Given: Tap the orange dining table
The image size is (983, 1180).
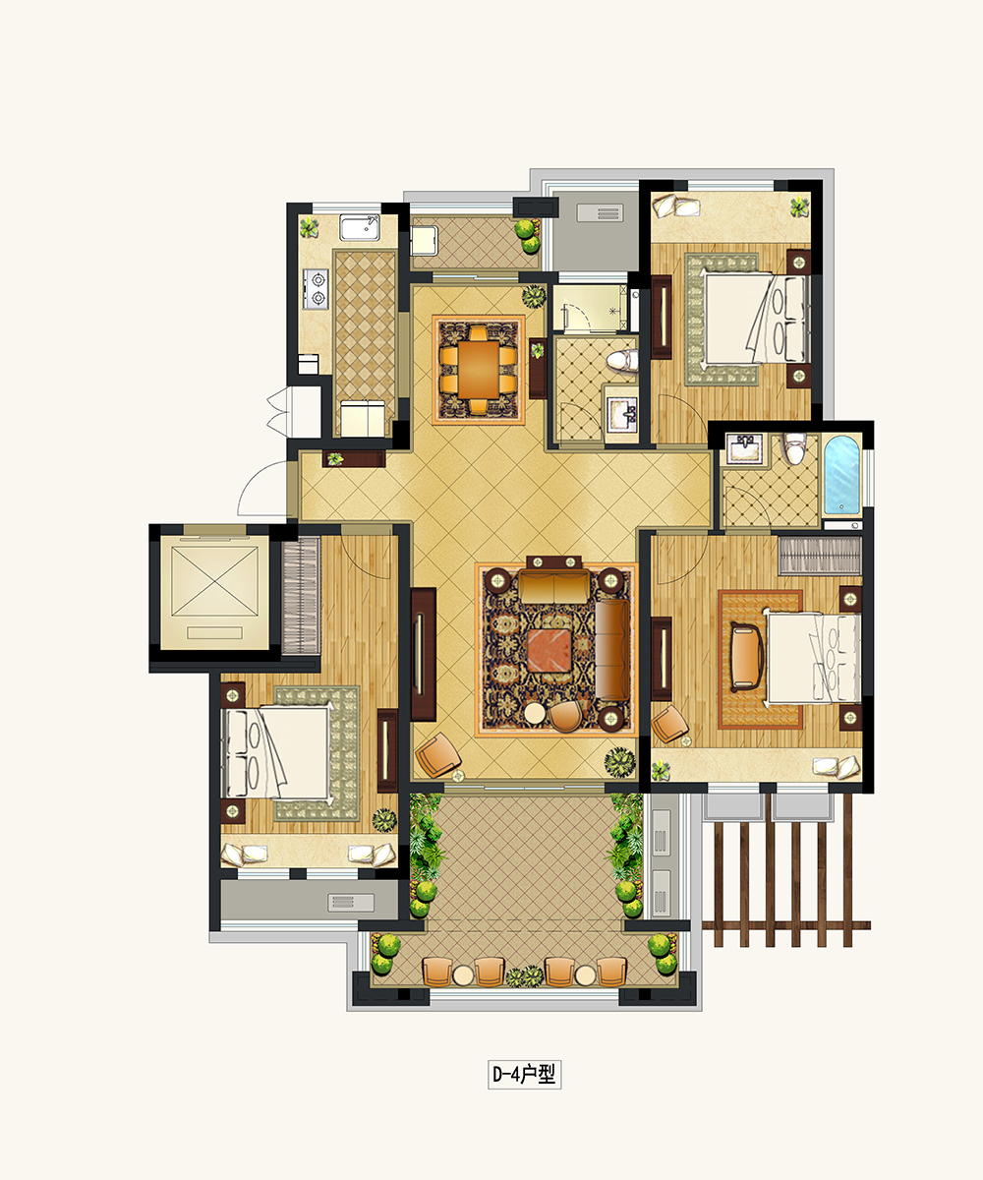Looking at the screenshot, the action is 479,370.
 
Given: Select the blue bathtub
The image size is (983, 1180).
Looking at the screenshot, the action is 841,476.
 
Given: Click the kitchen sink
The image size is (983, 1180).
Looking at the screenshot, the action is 360,227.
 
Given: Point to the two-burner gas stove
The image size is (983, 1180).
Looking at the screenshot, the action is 316,289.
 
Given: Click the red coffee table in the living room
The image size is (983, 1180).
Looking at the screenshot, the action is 549,650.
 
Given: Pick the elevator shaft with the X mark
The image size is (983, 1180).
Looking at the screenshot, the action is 214,588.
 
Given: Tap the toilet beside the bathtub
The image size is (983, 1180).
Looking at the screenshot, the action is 795,447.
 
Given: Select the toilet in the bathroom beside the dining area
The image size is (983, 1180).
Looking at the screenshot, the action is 622,361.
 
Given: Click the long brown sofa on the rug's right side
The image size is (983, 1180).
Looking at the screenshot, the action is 612,650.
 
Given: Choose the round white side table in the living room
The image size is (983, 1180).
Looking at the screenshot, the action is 535,714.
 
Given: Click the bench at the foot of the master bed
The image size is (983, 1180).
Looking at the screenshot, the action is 746,657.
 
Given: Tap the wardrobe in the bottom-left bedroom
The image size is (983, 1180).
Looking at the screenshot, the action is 301,596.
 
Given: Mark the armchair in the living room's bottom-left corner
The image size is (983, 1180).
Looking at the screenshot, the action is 437,755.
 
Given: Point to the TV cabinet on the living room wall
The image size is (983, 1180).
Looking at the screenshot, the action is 424,655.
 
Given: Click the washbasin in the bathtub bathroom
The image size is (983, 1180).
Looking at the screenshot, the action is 744,449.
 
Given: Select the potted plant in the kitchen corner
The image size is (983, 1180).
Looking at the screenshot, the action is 309,228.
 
